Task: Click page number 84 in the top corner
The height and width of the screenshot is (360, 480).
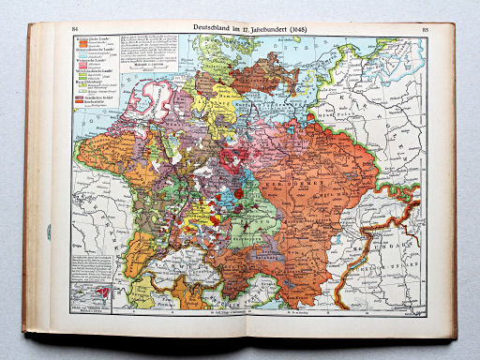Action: (x=76, y=30)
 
